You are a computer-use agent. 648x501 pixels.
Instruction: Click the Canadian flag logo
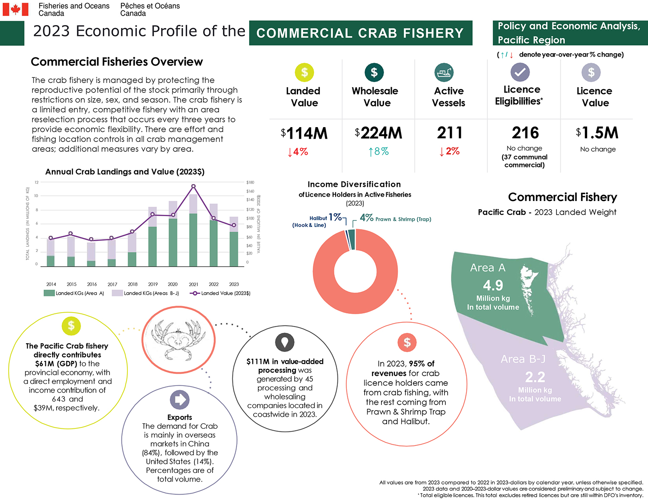[16, 9]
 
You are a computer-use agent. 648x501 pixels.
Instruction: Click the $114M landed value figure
[304, 133]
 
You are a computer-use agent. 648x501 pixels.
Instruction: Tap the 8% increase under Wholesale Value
[378, 151]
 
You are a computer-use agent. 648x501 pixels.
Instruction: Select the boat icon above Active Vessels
[444, 73]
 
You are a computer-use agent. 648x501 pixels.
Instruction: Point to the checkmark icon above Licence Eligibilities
[520, 72]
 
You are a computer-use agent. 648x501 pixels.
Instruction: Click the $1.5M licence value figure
[597, 133]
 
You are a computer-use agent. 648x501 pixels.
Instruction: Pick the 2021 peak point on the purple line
[193, 186]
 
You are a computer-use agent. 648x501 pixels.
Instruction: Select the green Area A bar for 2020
[173, 242]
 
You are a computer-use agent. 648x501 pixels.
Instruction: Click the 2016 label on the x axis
[92, 284]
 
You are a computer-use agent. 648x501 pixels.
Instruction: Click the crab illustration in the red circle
[178, 340]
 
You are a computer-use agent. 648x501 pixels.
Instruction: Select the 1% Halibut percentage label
[335, 217]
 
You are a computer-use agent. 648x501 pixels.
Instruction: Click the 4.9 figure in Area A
[493, 285]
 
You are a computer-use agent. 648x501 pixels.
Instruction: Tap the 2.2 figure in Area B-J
[535, 377]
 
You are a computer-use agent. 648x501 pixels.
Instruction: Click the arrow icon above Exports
[179, 400]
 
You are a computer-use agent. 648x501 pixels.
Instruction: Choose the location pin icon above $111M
[284, 342]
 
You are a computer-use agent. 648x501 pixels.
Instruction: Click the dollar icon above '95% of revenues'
[407, 343]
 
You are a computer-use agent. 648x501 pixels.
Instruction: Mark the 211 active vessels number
[449, 133]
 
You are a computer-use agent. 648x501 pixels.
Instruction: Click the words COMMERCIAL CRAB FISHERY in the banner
[360, 33]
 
